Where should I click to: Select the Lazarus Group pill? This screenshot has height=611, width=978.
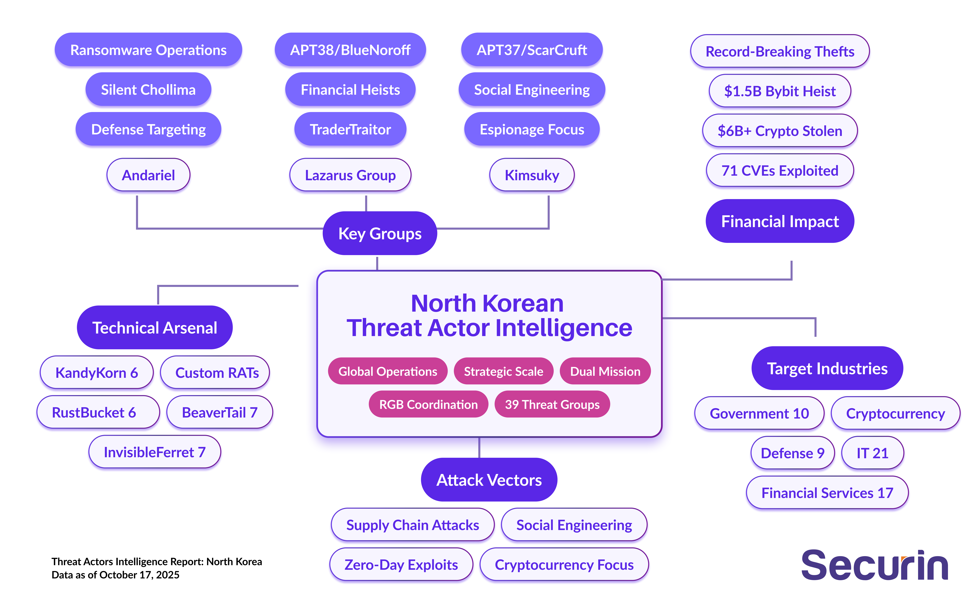(x=350, y=175)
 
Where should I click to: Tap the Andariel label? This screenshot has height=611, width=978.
(x=148, y=175)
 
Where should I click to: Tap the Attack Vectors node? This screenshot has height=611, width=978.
(x=489, y=480)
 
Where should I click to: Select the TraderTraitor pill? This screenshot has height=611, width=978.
(x=350, y=129)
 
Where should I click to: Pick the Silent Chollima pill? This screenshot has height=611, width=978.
(x=148, y=89)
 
